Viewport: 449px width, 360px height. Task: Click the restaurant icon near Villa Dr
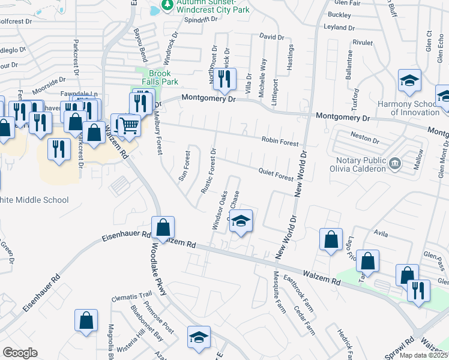tap(224, 80)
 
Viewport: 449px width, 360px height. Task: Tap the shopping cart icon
tap(129, 125)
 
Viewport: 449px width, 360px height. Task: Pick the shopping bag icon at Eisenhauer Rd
tap(163, 228)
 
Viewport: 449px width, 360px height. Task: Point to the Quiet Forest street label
tap(276, 174)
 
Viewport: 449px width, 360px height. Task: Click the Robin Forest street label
tap(280, 142)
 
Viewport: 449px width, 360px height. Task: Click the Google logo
tap(20, 353)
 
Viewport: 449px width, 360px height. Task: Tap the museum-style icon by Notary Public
tap(395, 163)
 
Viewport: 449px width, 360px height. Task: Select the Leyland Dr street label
tap(339, 28)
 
